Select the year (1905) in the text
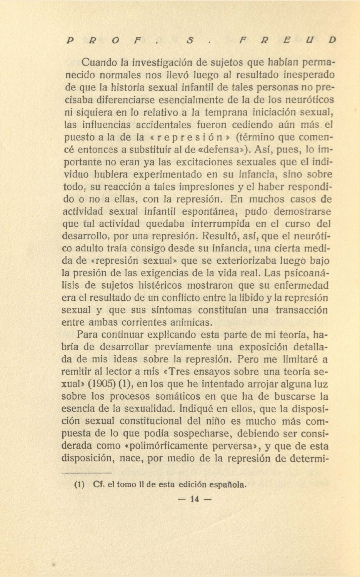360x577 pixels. point(101,384)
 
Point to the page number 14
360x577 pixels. point(195,499)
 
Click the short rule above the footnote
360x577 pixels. point(87,473)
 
